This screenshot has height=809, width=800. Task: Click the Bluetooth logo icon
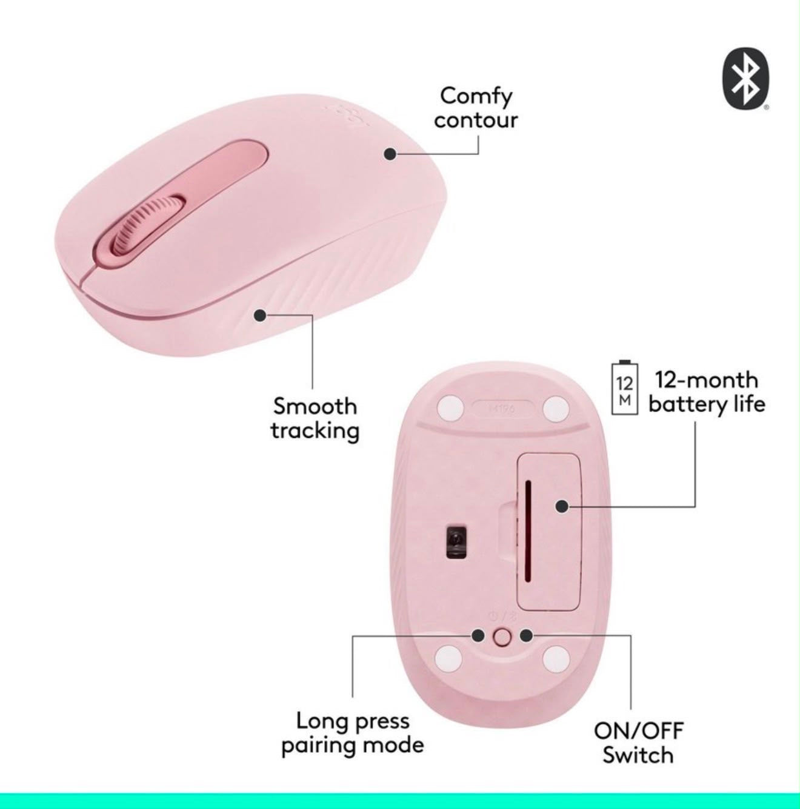(745, 79)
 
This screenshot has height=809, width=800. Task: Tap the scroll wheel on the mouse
(148, 225)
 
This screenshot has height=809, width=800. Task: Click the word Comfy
(476, 97)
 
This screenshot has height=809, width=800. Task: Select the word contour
(476, 121)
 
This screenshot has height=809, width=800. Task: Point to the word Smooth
(315, 406)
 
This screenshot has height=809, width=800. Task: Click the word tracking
(315, 431)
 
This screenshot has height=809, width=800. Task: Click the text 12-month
(707, 380)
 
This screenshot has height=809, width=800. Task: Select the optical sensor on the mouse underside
(456, 541)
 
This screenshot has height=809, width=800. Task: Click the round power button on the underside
(502, 637)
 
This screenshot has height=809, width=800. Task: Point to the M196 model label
(503, 408)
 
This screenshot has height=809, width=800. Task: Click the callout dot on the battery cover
(562, 506)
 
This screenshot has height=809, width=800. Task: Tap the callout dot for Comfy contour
(390, 154)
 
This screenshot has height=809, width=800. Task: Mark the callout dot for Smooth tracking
(260, 315)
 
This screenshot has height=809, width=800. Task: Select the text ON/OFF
(639, 731)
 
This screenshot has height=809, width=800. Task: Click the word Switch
(638, 755)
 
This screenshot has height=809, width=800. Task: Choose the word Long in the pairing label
(321, 722)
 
